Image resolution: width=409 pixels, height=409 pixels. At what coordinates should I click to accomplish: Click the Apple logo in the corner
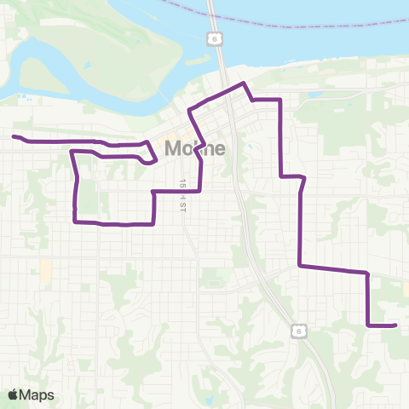tap(14, 395)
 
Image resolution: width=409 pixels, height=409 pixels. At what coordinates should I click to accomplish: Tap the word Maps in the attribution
tap(37, 395)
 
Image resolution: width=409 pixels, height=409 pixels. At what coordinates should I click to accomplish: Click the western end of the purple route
tap(14, 136)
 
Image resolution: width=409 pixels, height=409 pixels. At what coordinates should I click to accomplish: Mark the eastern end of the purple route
tap(396, 325)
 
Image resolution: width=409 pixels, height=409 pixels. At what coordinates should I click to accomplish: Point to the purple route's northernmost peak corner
tap(245, 83)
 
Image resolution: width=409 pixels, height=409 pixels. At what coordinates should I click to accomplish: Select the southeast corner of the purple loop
tap(153, 224)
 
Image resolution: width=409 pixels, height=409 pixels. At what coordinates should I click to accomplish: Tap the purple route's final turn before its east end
tap(367, 325)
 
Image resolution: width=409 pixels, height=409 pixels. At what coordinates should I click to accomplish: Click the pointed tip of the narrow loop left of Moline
tap(156, 157)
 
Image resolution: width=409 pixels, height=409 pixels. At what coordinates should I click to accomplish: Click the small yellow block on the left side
tap(45, 272)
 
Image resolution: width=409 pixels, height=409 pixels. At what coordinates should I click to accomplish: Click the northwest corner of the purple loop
tap(71, 151)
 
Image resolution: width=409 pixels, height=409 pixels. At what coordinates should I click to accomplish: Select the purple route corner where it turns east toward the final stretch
tap(299, 266)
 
